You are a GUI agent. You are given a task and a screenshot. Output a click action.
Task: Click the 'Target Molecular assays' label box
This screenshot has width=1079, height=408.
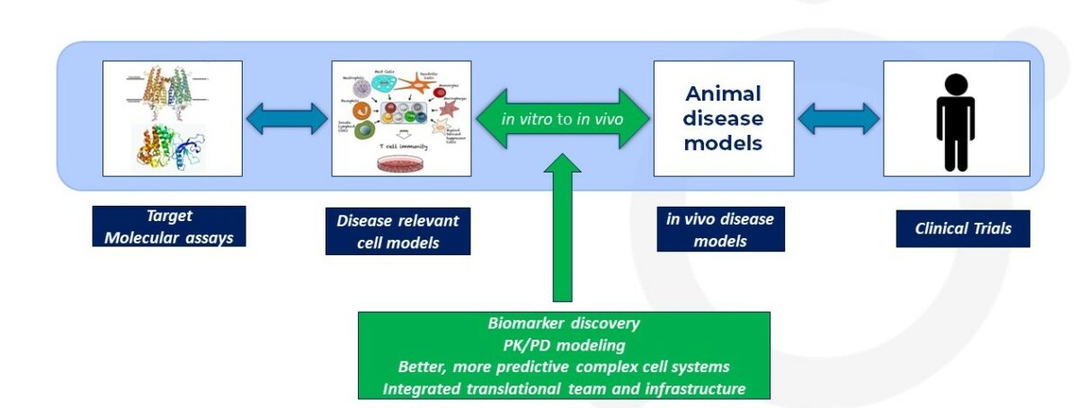click(168, 226)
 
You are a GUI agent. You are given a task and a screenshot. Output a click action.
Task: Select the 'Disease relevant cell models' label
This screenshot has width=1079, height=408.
click(397, 232)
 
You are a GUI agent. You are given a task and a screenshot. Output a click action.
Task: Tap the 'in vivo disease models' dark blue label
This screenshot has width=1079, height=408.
click(719, 229)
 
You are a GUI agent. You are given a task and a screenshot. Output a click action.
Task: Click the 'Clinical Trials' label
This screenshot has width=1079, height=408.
click(962, 228)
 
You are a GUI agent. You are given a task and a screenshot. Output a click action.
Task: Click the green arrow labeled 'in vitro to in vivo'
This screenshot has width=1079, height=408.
click(562, 119)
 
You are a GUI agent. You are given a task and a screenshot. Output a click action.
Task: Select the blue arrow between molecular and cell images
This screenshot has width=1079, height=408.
click(288, 119)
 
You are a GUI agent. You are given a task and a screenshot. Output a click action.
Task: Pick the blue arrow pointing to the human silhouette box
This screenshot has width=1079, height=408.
click(838, 119)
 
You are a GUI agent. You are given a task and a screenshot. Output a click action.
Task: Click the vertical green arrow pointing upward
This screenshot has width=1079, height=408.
click(562, 234)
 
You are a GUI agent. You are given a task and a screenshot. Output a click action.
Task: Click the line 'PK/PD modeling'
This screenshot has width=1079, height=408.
click(564, 345)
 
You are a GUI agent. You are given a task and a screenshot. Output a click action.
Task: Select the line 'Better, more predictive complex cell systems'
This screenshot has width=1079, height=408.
click(564, 367)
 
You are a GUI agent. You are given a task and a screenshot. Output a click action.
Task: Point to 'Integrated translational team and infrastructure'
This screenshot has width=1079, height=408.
click(564, 388)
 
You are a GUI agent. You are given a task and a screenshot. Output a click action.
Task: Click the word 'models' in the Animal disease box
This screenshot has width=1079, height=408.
click(723, 143)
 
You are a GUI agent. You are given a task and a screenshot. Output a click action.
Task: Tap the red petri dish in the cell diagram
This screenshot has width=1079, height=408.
click(401, 164)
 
